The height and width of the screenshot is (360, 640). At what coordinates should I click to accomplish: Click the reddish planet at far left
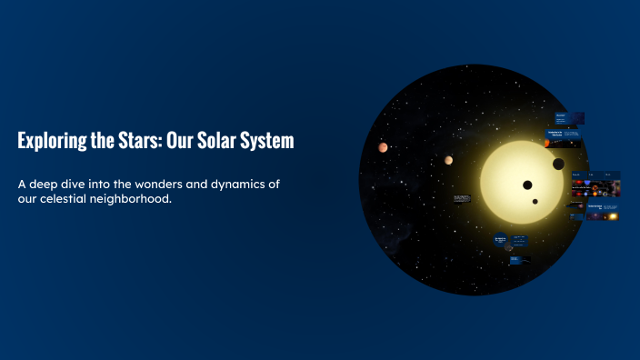(384, 147)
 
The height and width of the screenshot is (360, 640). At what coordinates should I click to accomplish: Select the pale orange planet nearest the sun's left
(448, 160)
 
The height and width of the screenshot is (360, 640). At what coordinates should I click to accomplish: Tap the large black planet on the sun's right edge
(558, 165)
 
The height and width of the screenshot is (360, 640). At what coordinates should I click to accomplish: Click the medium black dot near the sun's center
(527, 185)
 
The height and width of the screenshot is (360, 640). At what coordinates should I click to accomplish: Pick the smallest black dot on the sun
(535, 202)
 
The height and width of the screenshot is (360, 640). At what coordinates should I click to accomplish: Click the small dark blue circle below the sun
(500, 240)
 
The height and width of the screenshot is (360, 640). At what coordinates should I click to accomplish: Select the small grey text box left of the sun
(462, 197)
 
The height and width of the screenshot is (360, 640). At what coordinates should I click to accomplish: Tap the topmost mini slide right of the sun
(569, 118)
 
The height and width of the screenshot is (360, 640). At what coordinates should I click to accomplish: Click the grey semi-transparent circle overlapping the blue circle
(509, 245)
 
